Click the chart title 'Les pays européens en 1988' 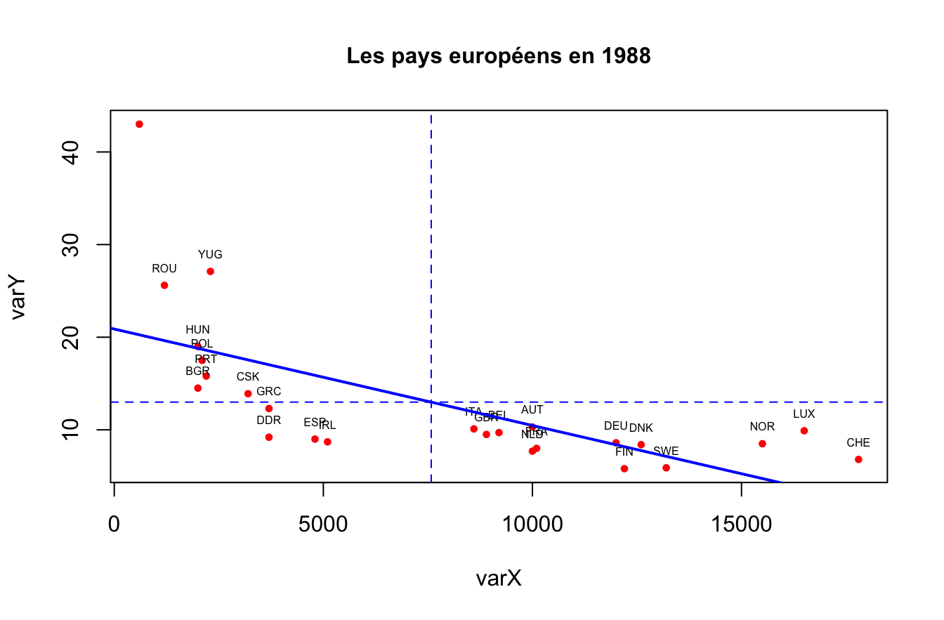499,56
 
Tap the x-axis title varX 499,579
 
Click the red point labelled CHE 858,459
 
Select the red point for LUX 804,430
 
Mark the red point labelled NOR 762,444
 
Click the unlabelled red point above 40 139,124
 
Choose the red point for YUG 210,271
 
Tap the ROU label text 164,268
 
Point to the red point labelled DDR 269,437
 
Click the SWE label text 666,451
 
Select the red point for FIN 624,468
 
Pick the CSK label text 248,377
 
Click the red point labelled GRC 269,408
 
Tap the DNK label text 641,428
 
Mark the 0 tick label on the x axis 114,525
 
